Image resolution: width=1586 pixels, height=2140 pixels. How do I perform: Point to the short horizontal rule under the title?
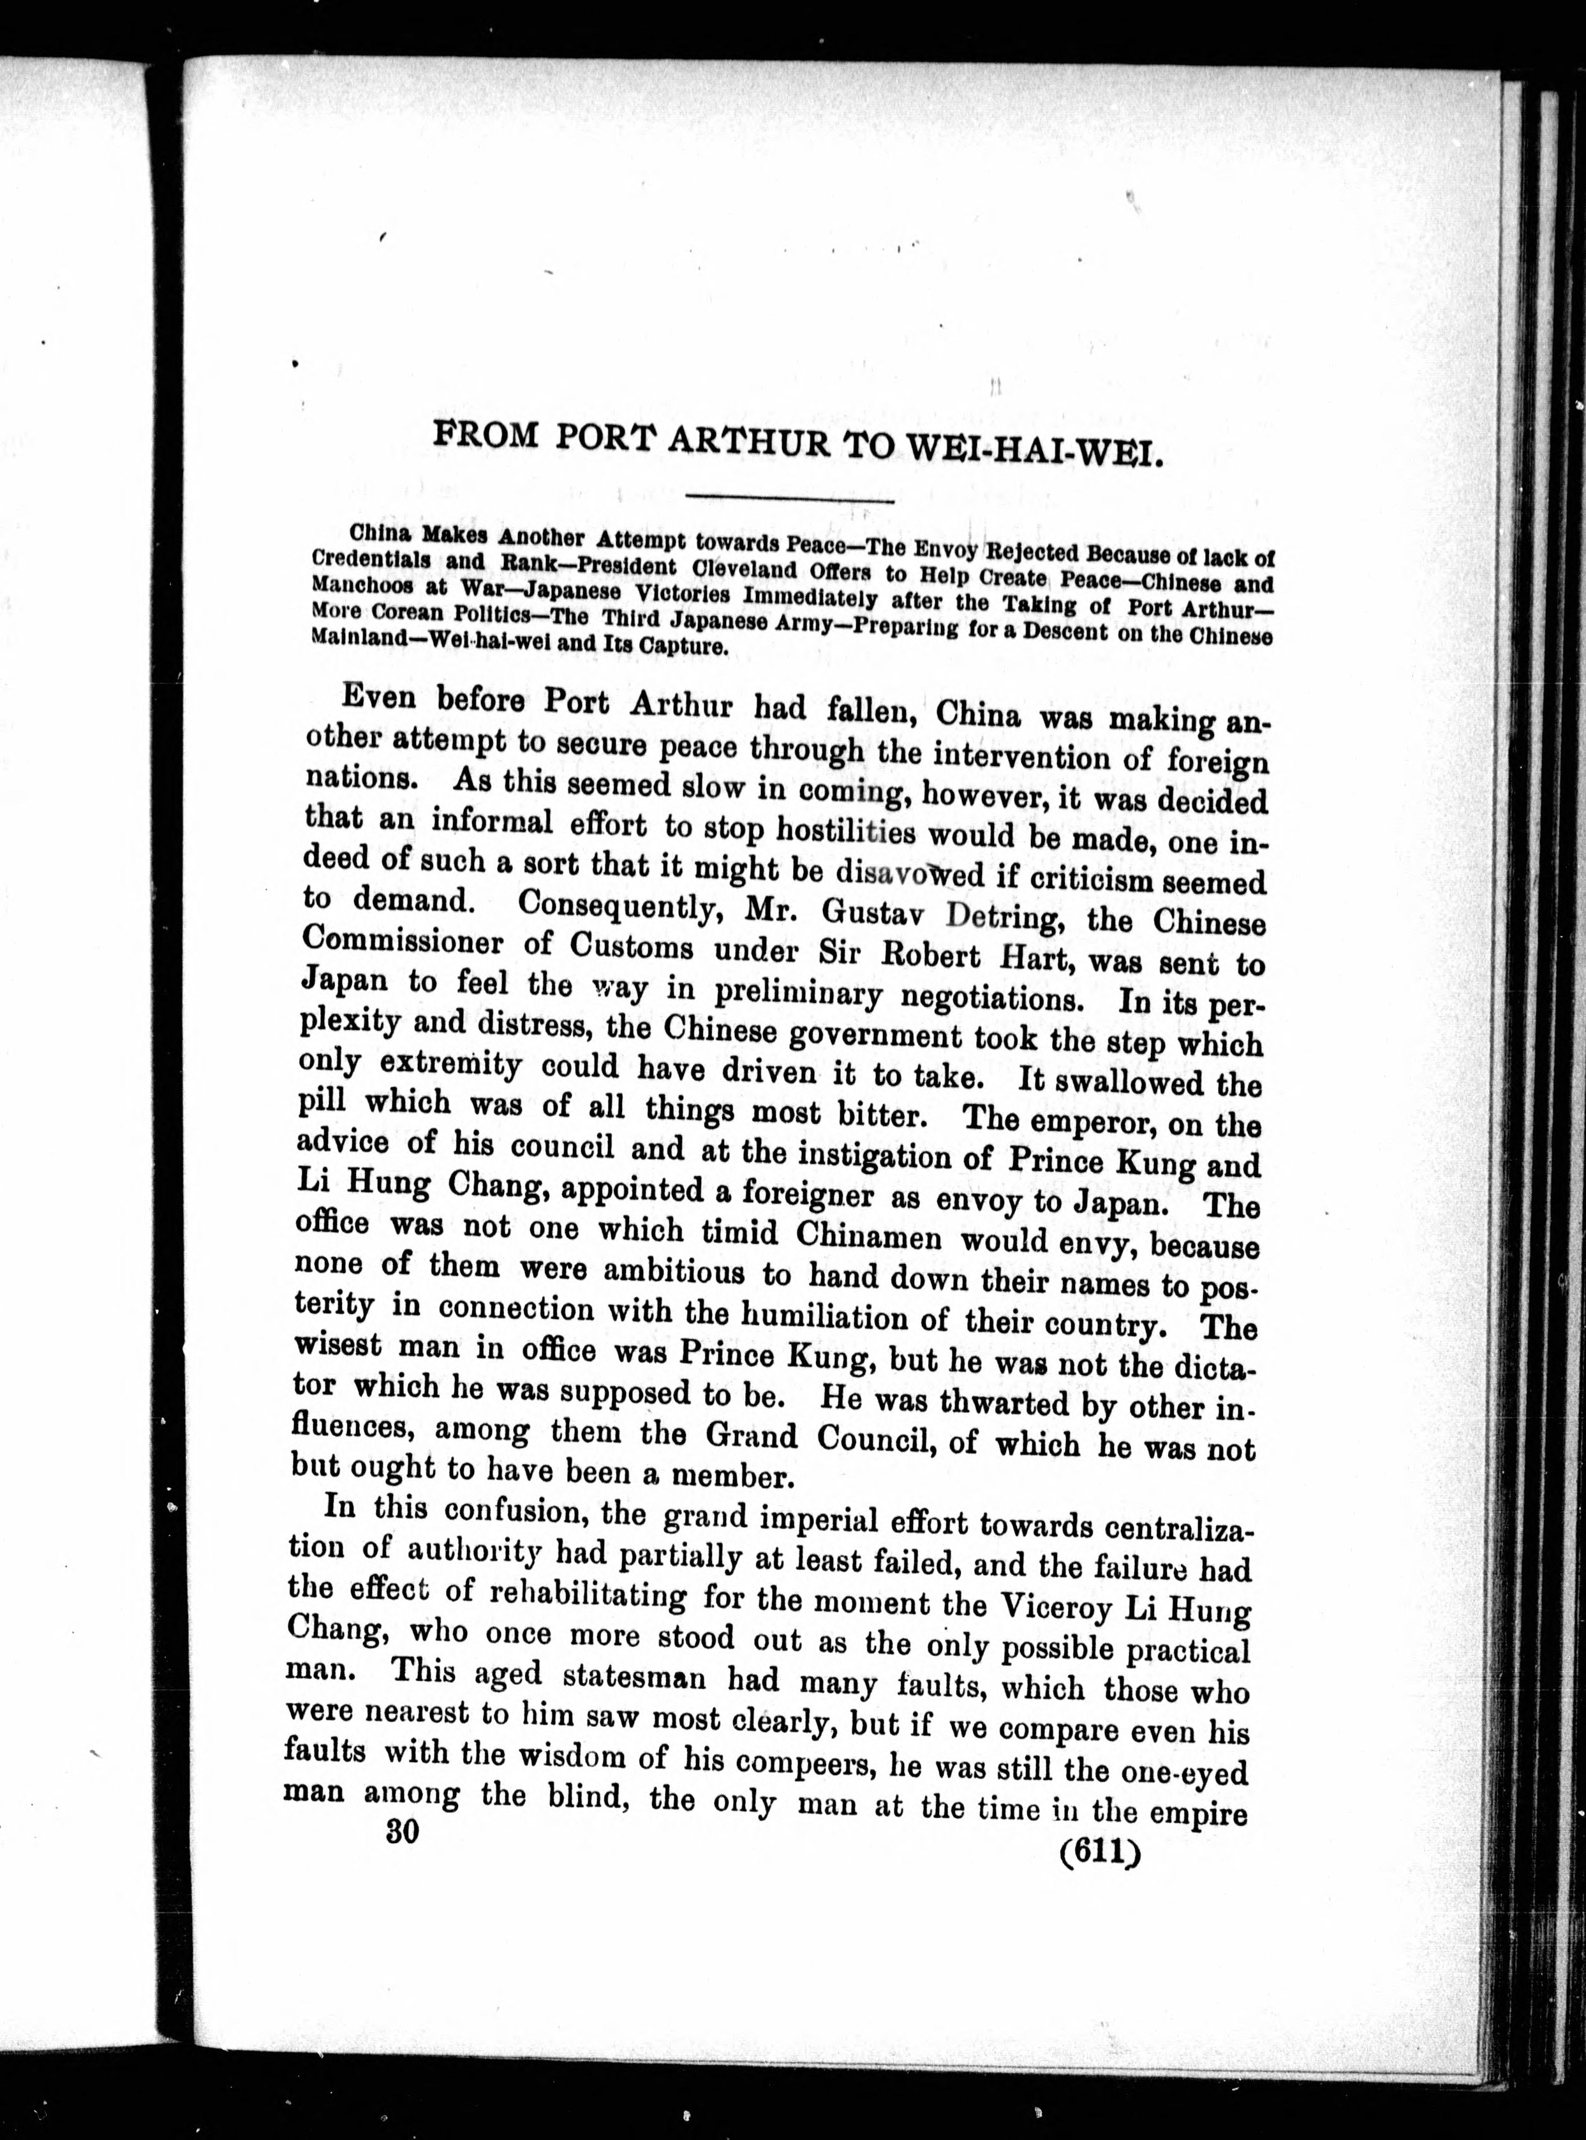pos(790,497)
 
